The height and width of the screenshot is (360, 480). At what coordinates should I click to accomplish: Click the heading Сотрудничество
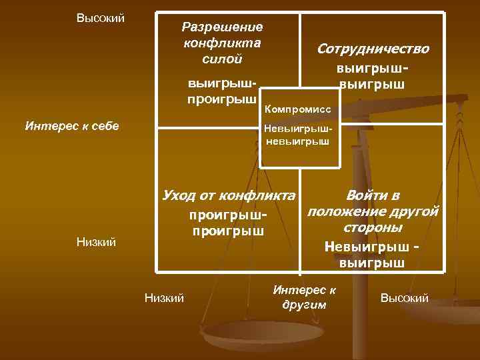point(373,49)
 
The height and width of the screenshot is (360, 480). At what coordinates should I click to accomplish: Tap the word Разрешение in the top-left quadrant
point(223,27)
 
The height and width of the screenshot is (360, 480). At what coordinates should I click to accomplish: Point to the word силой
point(222,59)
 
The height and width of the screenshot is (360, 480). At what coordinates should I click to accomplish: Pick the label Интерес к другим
point(305,297)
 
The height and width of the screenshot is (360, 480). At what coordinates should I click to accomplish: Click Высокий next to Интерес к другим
point(404,298)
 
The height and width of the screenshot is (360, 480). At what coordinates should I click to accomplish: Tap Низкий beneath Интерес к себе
point(97,244)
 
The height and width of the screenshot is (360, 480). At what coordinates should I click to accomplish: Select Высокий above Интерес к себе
point(101,17)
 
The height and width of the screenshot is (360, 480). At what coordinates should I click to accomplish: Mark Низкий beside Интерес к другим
point(165,298)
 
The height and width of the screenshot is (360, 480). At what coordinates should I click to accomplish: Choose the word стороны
point(372,228)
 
